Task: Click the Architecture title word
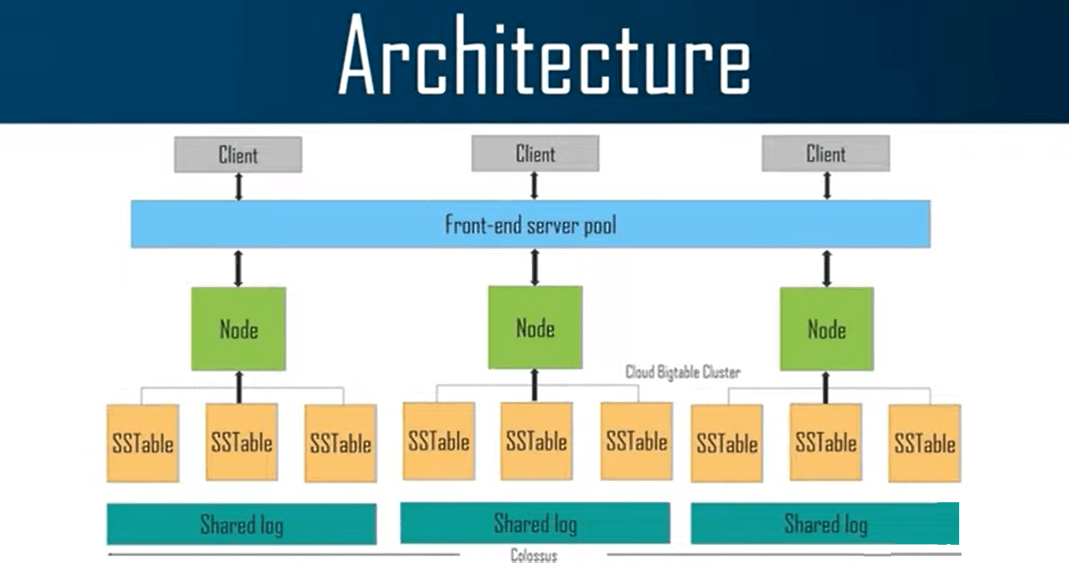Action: pos(545,56)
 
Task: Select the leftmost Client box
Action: pos(238,155)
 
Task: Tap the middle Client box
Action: pos(535,154)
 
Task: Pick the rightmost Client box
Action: pos(826,154)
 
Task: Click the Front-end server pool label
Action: pos(530,225)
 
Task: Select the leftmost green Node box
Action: pos(238,329)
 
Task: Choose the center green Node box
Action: pos(535,328)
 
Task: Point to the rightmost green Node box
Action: pos(826,329)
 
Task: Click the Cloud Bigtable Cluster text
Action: pos(683,372)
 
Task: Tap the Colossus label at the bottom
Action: pos(533,555)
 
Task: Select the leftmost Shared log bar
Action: pos(242,524)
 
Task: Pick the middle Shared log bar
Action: pos(535,523)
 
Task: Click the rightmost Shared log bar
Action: pos(826,524)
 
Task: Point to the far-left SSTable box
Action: pos(143,443)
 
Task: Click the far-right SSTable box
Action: pos(924,443)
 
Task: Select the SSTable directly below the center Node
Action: pos(536,441)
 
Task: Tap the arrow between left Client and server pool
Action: pos(239,186)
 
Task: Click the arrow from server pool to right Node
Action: pos(827,268)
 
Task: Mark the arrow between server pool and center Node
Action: pos(535,267)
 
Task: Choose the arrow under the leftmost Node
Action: pos(239,387)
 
